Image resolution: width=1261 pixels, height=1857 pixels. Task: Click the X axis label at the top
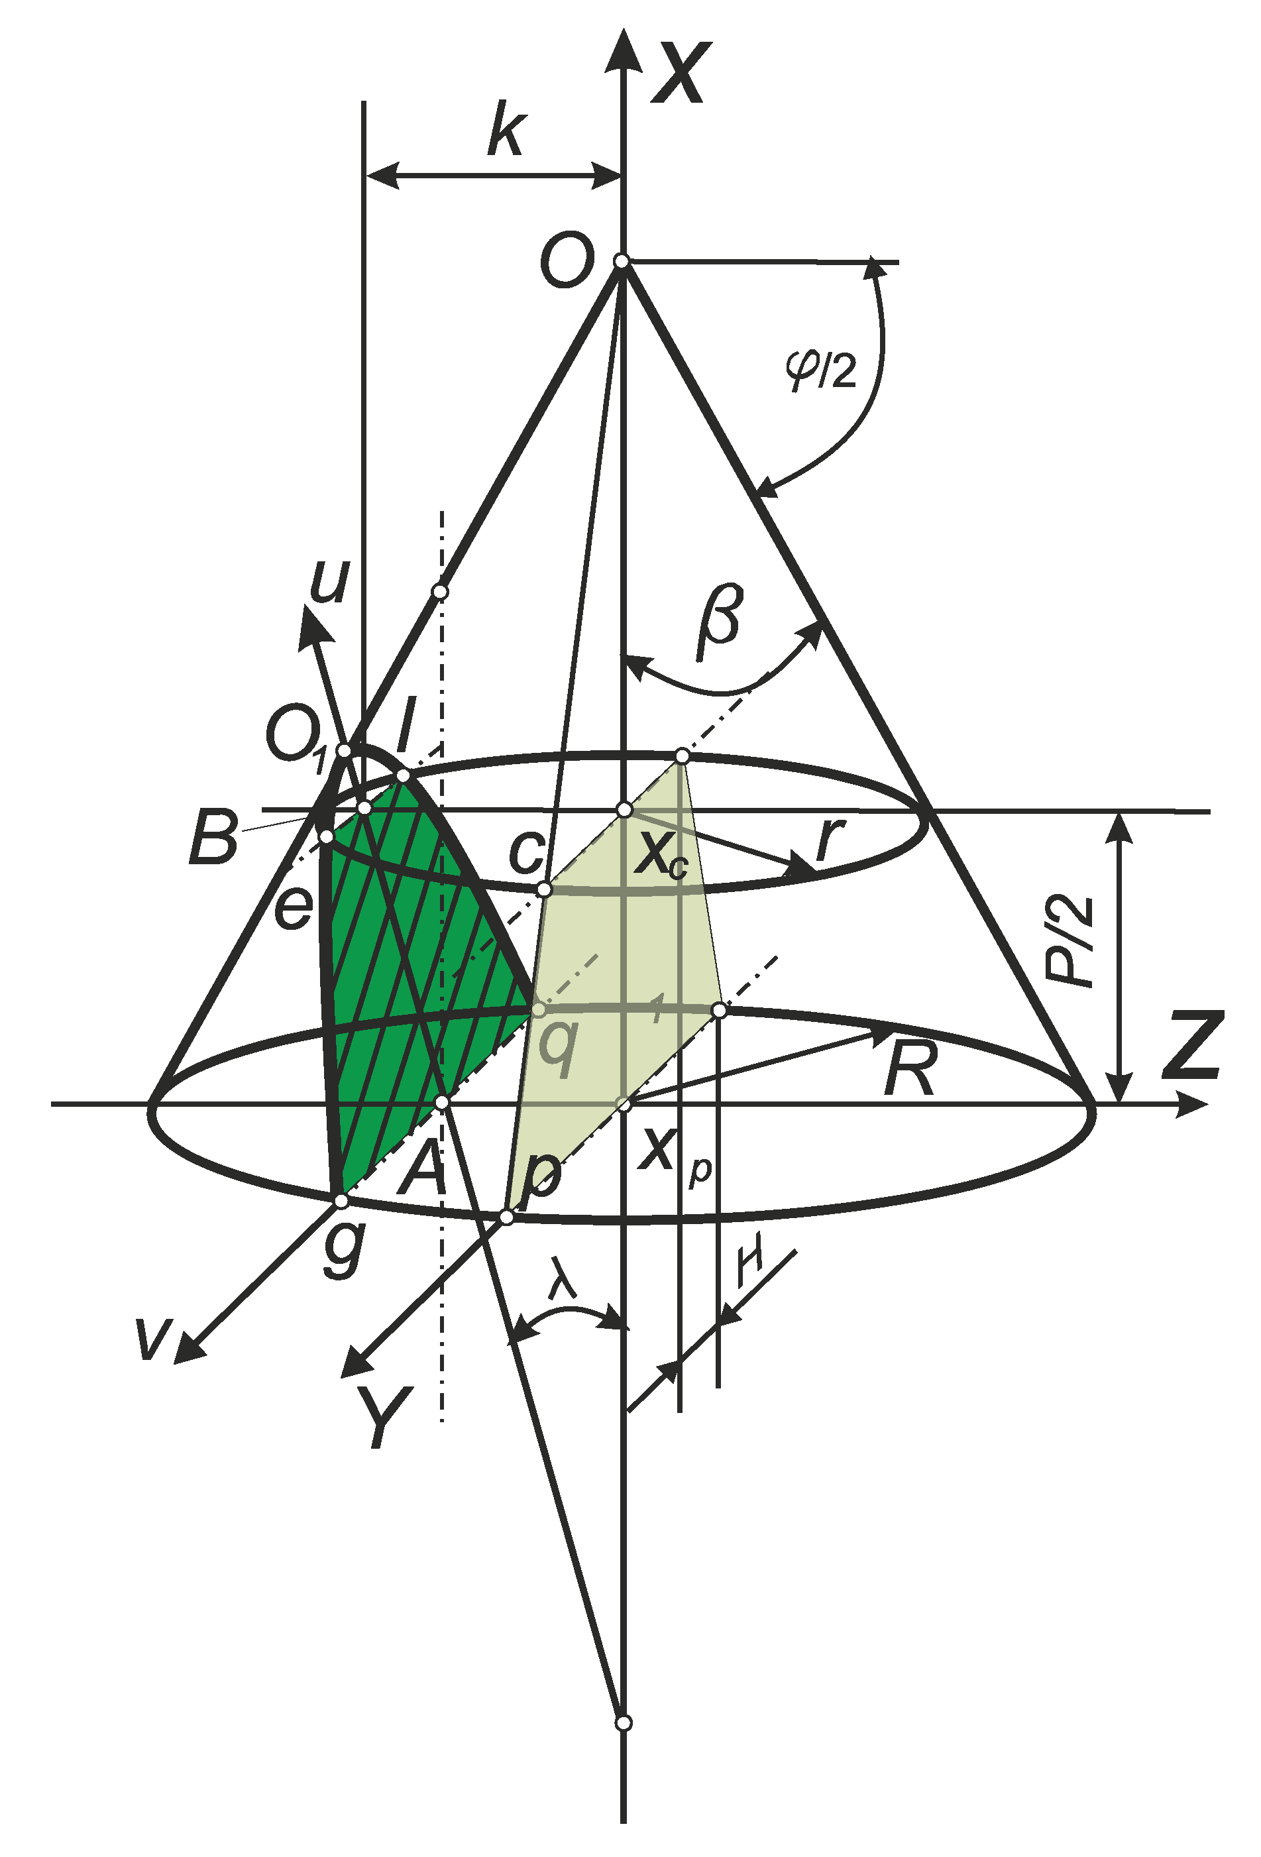681,74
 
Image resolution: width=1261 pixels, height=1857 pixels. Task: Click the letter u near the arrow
329,582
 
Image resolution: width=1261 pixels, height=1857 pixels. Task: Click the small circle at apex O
621,261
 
